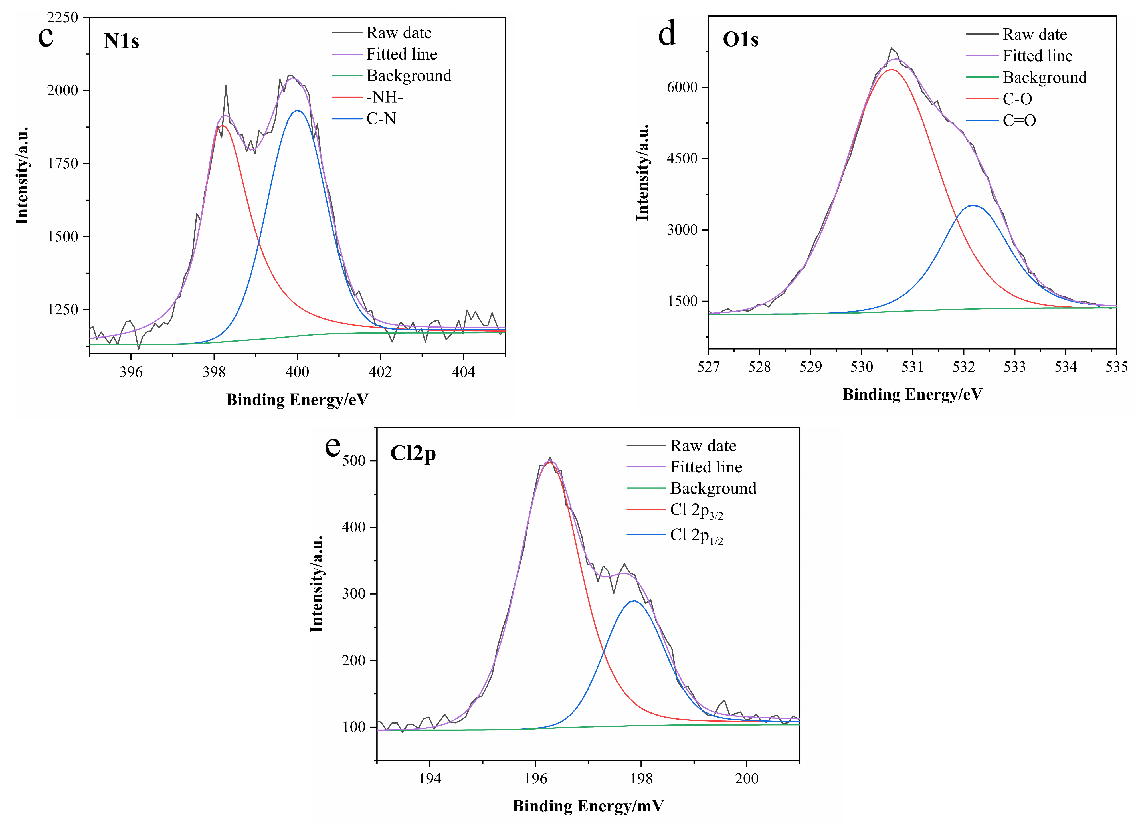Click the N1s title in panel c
pos(121,41)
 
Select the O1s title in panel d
pos(740,40)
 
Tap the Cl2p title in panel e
pos(413,453)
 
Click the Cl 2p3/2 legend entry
pos(696,510)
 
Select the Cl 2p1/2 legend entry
pos(696,536)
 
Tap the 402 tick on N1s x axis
pos(380,372)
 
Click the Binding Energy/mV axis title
pos(588,806)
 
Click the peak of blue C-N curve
pos(298,111)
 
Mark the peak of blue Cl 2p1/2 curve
pos(635,601)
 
